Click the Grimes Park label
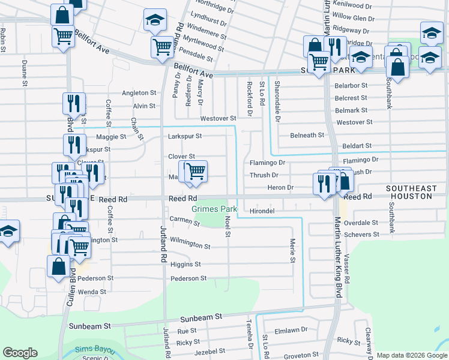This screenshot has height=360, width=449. (x=214, y=209)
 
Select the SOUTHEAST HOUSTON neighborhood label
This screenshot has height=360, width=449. (x=411, y=192)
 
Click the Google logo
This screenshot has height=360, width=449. (x=20, y=353)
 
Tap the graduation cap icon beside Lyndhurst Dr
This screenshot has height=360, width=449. (x=154, y=21)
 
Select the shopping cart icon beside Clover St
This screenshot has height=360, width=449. (x=195, y=171)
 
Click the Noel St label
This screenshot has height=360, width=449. (x=228, y=226)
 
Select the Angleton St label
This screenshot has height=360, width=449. (x=139, y=93)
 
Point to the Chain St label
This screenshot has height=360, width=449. (x=136, y=128)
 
